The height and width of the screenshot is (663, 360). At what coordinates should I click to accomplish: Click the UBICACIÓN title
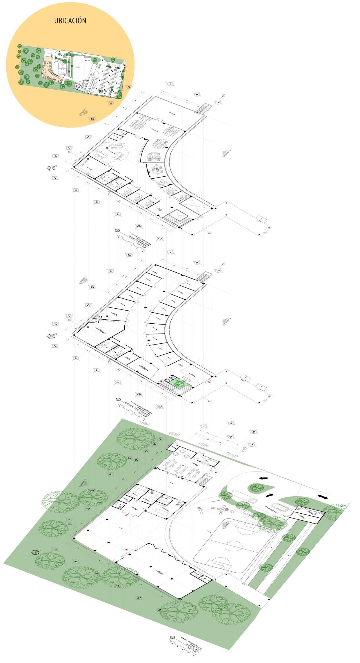(x=70, y=21)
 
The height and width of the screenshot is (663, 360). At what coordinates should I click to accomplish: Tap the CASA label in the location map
(x=78, y=67)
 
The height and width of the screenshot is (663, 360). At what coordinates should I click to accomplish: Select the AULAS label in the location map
(x=87, y=61)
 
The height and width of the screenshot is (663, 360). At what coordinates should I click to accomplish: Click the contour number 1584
(x=144, y=423)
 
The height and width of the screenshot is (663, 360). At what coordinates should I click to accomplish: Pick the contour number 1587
(x=233, y=455)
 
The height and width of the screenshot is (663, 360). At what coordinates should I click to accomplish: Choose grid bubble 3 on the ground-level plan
(x=231, y=423)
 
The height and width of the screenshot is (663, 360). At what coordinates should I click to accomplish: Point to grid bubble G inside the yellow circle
(x=92, y=119)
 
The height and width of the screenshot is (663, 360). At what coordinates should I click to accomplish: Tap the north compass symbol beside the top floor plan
(x=51, y=168)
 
